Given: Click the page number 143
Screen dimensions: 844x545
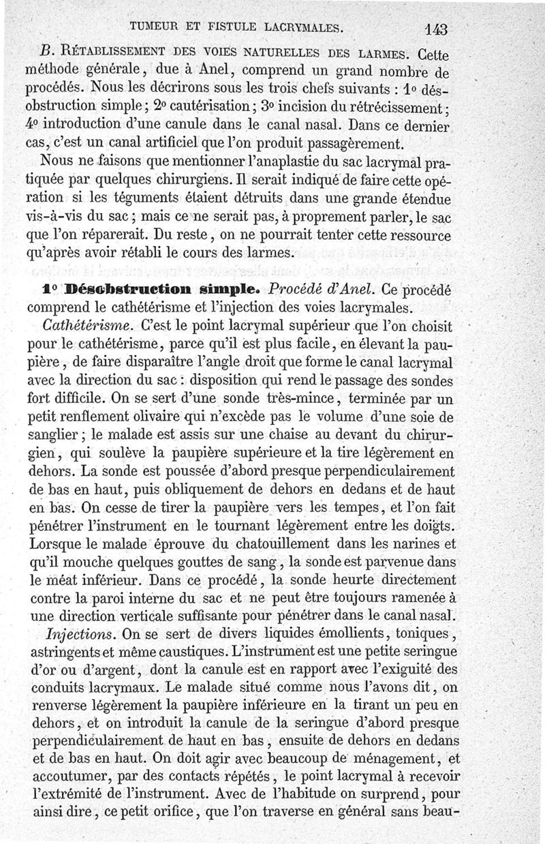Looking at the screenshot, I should (435, 29).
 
